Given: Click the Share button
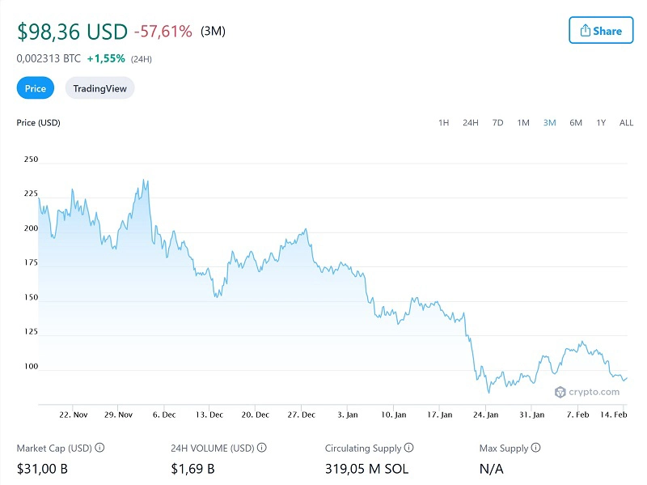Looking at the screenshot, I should (600, 31).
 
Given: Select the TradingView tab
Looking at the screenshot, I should (99, 88).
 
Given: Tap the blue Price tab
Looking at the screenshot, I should (36, 88).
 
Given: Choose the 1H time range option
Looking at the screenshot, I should (443, 123).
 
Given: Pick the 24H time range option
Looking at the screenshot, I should (470, 123).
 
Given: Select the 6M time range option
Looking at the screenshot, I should (576, 123).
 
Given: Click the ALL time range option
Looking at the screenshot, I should (626, 123).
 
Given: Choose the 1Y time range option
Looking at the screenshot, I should (601, 123).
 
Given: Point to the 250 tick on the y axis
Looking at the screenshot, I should (31, 160).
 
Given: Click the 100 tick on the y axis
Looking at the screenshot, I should (31, 366).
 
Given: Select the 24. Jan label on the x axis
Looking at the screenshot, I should (485, 415).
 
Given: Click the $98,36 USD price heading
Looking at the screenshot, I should (72, 32).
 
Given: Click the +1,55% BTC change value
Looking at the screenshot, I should (105, 59).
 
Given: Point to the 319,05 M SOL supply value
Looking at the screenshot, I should (366, 468).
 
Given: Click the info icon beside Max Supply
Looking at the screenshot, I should (536, 448).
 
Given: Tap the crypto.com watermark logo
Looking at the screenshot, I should (587, 392).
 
